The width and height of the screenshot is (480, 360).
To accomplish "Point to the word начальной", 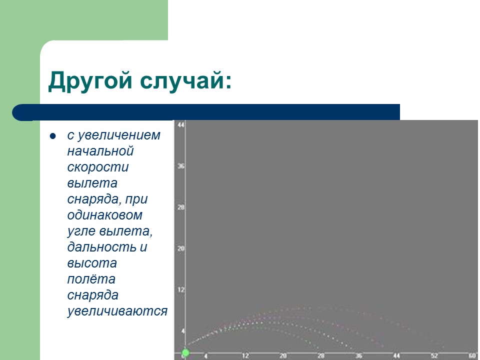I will click(x=100, y=151).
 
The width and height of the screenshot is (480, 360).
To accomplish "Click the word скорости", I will click(x=98, y=167).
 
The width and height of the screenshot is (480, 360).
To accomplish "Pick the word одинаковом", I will click(x=105, y=215).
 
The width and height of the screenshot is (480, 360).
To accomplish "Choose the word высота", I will click(x=92, y=263).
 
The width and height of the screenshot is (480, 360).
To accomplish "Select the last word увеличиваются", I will click(x=117, y=311).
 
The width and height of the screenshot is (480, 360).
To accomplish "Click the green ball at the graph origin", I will click(x=185, y=353).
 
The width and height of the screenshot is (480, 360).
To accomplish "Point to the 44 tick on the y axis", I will click(x=181, y=124).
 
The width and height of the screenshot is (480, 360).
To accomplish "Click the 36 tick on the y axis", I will click(x=181, y=166).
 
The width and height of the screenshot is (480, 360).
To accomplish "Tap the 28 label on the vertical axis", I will click(x=181, y=207).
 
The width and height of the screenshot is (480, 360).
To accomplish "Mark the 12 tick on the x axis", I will click(x=245, y=356).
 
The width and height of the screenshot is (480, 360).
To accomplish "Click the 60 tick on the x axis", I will click(x=471, y=356).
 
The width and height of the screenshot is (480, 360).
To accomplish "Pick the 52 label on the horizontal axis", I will click(x=433, y=356).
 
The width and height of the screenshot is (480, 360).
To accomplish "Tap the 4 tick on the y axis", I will click(x=182, y=331).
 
